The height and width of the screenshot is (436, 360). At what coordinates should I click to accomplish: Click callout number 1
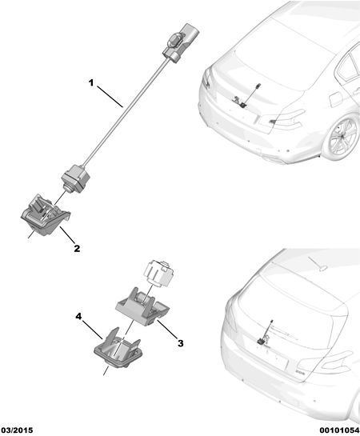(91, 83)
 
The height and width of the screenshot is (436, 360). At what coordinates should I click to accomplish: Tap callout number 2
(77, 248)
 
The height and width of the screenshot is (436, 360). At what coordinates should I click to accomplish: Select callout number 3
(181, 343)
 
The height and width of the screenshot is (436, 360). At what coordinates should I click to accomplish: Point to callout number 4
(79, 317)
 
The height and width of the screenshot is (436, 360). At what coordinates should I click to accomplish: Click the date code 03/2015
(17, 430)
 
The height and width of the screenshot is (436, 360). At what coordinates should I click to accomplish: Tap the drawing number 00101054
(339, 430)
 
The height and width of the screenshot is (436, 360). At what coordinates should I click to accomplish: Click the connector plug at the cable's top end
(181, 42)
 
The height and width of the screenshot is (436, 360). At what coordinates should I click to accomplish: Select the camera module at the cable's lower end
(75, 178)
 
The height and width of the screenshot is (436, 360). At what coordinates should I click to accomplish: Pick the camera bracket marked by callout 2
(46, 214)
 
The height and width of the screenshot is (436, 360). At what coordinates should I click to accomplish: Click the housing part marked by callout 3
(142, 306)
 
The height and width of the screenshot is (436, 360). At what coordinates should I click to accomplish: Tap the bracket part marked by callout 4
(118, 348)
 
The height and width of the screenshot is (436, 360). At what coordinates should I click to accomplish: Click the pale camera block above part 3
(160, 273)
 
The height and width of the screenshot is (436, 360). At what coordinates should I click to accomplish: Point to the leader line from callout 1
(110, 97)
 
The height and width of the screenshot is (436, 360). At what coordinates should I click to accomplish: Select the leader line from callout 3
(166, 329)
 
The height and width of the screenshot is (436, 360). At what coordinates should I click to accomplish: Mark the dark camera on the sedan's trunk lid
(243, 105)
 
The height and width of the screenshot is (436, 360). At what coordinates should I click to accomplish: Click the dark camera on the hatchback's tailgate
(262, 341)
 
